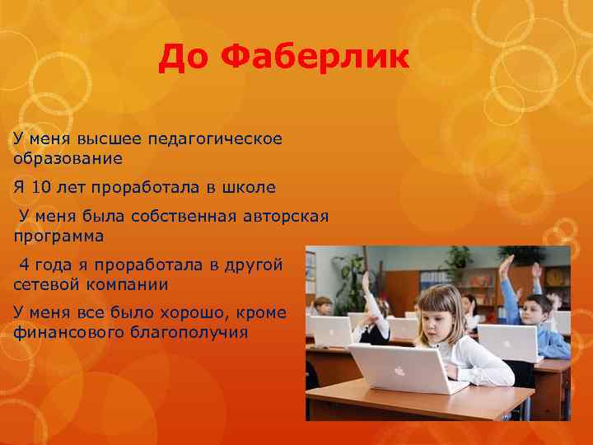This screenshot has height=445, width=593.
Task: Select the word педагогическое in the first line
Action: (223, 138)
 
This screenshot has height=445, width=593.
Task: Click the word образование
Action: (68, 157)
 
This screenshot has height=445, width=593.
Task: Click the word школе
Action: (249, 187)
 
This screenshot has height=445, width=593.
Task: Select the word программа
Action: (58, 236)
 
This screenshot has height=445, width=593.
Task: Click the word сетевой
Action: (46, 284)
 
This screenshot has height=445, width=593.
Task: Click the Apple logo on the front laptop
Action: (399, 370)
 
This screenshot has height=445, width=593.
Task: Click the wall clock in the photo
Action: (554, 275)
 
